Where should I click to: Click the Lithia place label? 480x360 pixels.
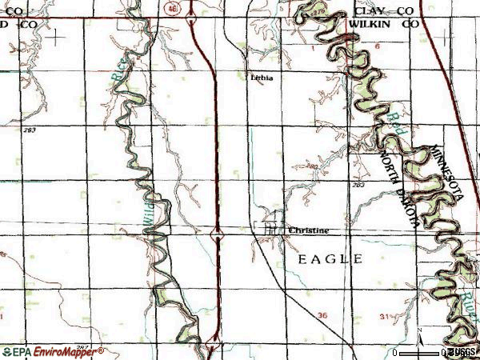[x=261, y=78]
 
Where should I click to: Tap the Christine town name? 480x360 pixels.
[x=308, y=230]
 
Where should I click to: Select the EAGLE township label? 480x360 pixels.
[x=330, y=259]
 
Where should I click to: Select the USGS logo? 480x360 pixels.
[x=462, y=352]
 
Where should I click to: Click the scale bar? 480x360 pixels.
[x=420, y=353]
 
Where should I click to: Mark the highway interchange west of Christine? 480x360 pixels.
[x=216, y=234]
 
